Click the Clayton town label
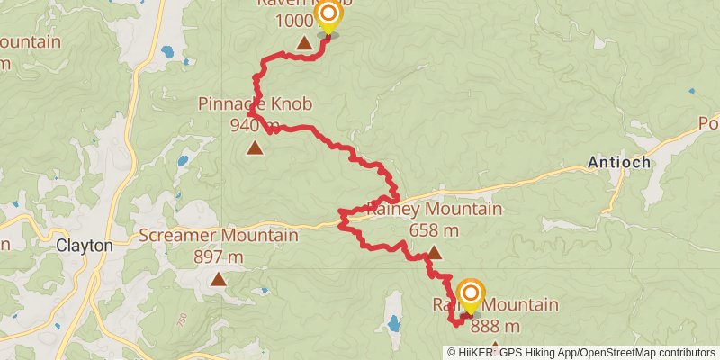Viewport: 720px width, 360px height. pos(84,245)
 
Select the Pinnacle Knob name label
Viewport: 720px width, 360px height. pos(255,104)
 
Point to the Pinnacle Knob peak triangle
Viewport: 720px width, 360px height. pos(256,148)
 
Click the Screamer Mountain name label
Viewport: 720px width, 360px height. pos(219,236)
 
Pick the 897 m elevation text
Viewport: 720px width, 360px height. pos(219,256)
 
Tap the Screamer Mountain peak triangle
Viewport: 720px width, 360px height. pos(219,280)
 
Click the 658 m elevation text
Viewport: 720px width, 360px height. pos(434,230)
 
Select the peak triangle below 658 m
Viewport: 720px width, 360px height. pos(435,253)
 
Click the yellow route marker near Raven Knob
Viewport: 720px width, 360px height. pos(328,14)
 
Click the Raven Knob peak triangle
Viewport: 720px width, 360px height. pos(305,43)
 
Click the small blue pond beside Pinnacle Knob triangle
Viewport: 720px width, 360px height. pos(183,161)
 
